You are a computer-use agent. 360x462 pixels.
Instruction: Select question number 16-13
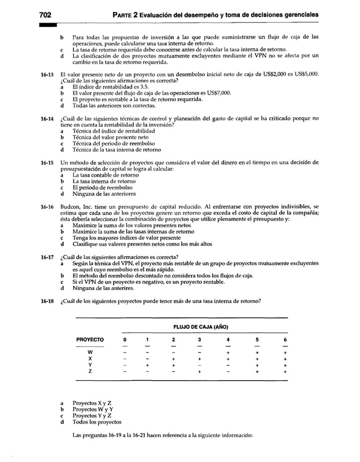click(46, 74)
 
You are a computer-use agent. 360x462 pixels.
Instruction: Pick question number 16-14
click(46, 118)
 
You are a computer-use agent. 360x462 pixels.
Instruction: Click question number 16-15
click(46, 162)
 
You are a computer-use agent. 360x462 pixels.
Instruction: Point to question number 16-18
click(46, 301)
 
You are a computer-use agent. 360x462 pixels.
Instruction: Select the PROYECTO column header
click(90, 340)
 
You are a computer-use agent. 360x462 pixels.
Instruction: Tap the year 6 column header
click(285, 340)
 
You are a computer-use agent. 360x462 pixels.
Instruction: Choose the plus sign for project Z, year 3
click(200, 372)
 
